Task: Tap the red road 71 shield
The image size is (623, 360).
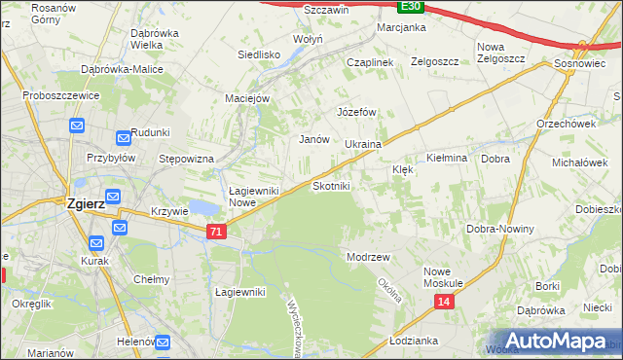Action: [216, 232]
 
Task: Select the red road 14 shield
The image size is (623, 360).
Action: [444, 303]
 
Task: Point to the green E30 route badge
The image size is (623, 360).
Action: [411, 6]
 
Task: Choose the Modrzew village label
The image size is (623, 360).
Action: [368, 257]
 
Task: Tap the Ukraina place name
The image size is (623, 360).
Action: [362, 144]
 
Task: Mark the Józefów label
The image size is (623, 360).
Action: [356, 112]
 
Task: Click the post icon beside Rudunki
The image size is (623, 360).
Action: [124, 138]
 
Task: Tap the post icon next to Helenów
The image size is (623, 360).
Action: [162, 342]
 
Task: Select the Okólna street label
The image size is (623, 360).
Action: [389, 289]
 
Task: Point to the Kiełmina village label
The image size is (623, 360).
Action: [448, 158]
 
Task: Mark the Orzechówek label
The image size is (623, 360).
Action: [566, 124]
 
